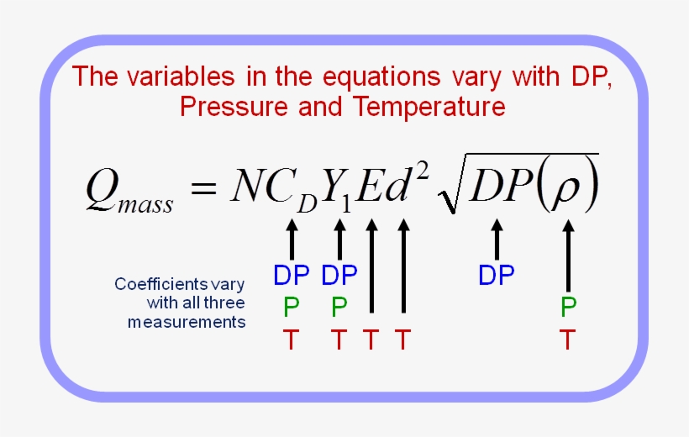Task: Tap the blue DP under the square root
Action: (x=497, y=275)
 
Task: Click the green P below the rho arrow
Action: (x=569, y=308)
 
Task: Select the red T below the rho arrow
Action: (x=569, y=340)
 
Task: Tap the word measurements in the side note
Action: (x=187, y=322)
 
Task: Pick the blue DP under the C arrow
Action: (x=292, y=275)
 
